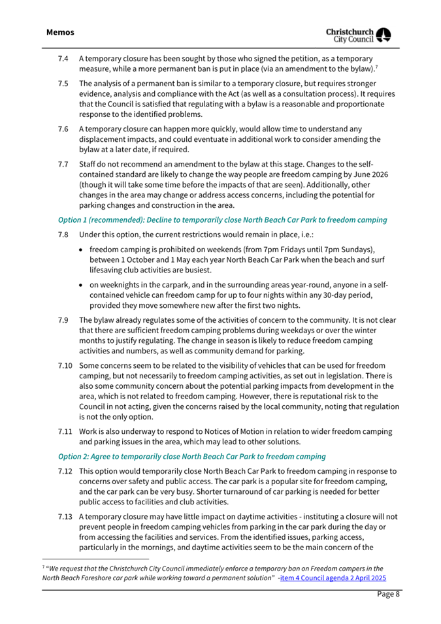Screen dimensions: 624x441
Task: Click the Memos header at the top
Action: click(60, 32)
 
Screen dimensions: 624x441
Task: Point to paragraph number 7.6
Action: click(63, 129)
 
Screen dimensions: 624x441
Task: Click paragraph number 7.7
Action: click(63, 164)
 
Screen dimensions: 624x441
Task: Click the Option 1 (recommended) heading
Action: click(223, 221)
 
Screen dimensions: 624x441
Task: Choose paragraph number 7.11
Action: click(65, 432)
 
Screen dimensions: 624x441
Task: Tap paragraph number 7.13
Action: click(65, 516)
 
